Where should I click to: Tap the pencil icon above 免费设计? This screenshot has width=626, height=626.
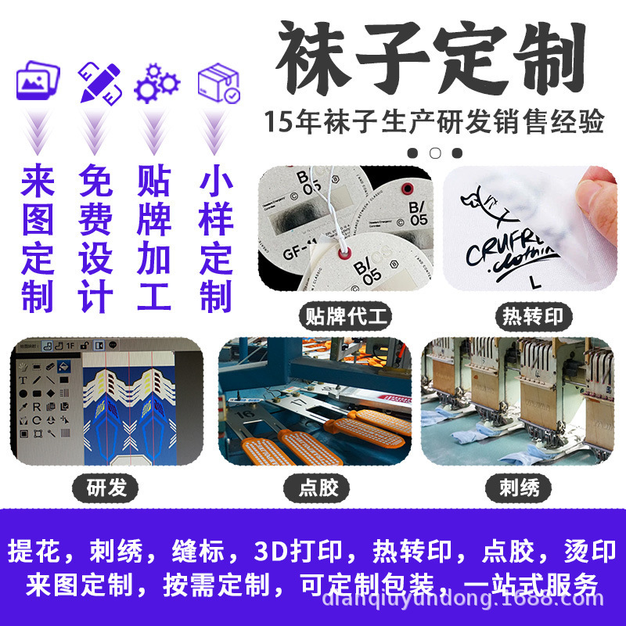pyautogui.click(x=99, y=81)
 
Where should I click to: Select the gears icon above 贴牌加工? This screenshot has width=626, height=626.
pyautogui.click(x=156, y=82)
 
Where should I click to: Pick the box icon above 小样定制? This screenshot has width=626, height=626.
pyautogui.click(x=218, y=82)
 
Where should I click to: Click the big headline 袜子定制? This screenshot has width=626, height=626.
pyautogui.click(x=431, y=59)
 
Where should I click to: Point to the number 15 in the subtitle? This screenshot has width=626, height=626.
pyautogui.click(x=277, y=123)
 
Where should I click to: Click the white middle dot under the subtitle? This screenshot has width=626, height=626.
pyautogui.click(x=435, y=153)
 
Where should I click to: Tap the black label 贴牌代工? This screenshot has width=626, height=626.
pyautogui.click(x=345, y=317)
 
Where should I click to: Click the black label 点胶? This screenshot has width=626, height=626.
pyautogui.click(x=319, y=488)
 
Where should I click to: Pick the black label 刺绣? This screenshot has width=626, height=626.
pyautogui.click(x=520, y=488)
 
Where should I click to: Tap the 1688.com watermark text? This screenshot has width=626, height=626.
pyautogui.click(x=563, y=602)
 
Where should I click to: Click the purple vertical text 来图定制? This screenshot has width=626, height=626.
pyautogui.click(x=38, y=239)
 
